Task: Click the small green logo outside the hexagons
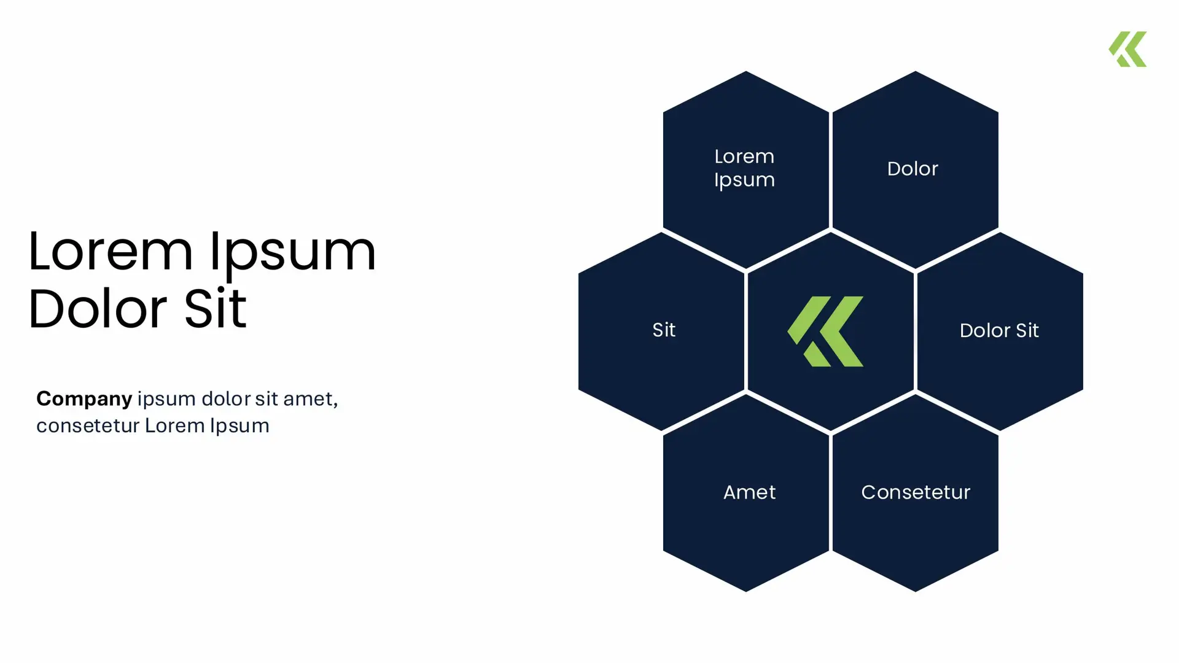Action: (x=1127, y=49)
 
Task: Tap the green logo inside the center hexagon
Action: (x=825, y=331)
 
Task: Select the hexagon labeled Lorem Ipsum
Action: (x=746, y=169)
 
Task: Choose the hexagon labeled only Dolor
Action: (x=916, y=169)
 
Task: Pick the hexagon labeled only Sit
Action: (x=661, y=331)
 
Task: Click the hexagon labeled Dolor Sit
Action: (x=1000, y=331)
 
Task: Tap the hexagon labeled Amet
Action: (x=746, y=493)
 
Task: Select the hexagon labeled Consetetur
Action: (x=916, y=493)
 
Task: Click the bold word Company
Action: (x=84, y=400)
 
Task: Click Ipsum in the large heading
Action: (x=293, y=253)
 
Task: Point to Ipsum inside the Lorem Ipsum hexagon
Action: (x=744, y=181)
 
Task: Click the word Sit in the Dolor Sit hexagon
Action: (x=1027, y=331)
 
